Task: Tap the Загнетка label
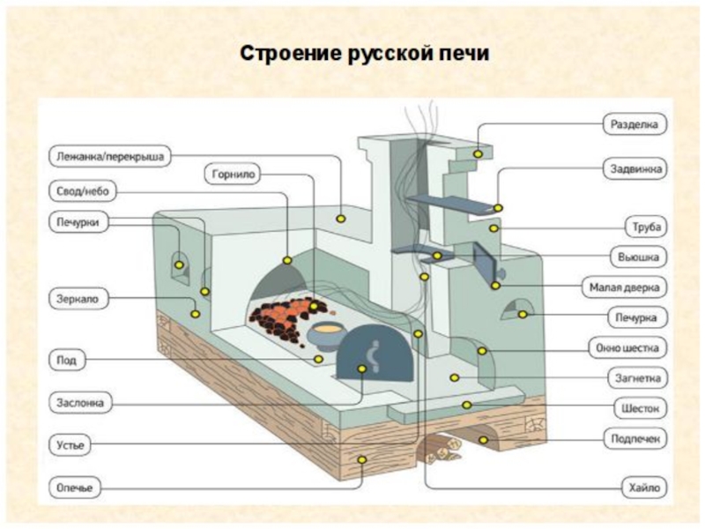point(635,379)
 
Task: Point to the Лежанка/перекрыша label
point(107,157)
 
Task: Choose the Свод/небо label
point(80,191)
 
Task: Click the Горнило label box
point(233,175)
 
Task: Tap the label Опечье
point(76,487)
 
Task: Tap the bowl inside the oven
point(325,333)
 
